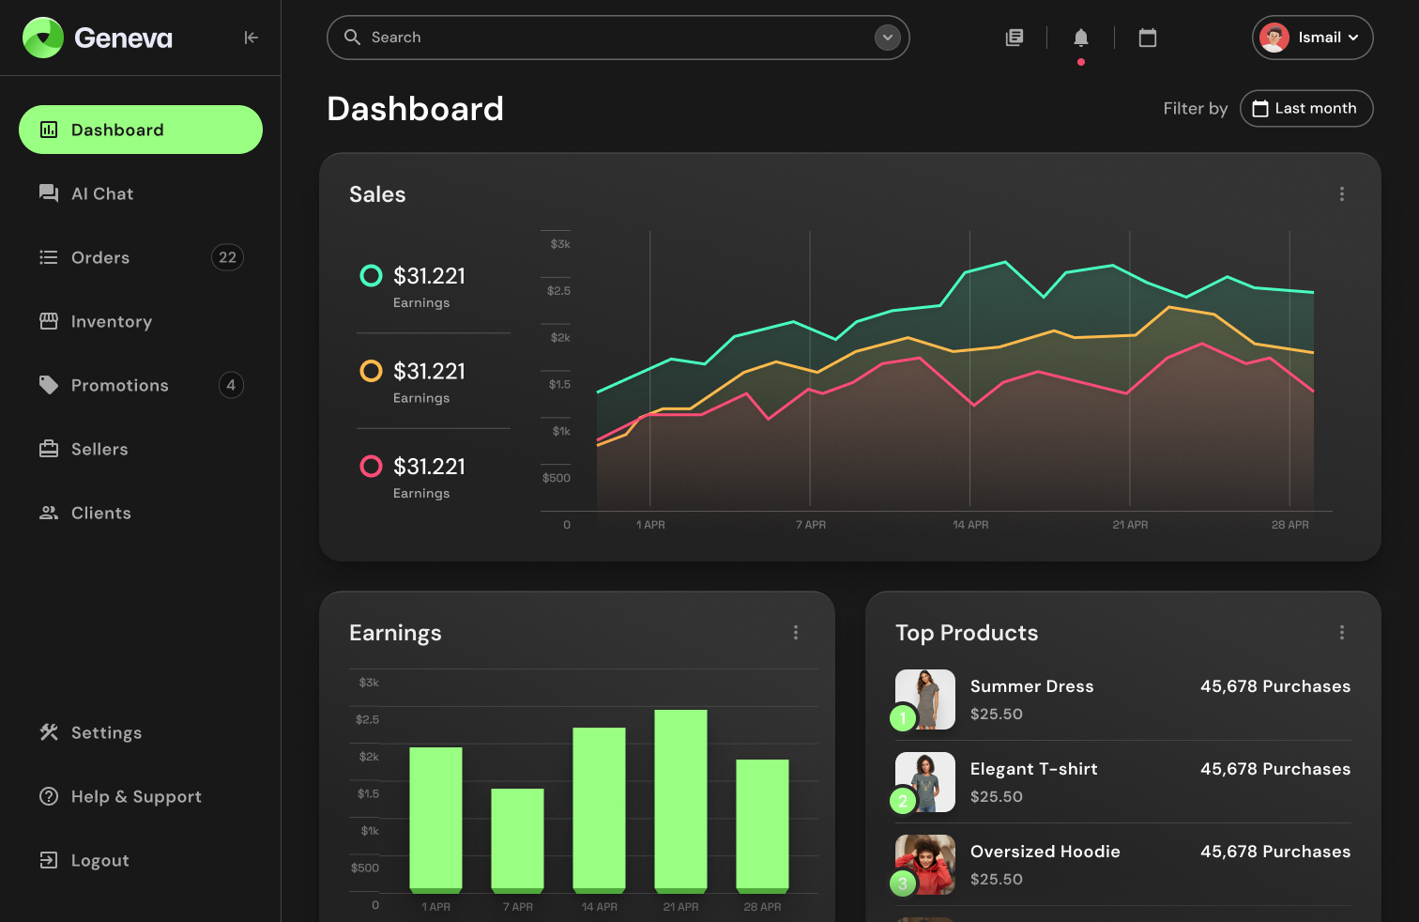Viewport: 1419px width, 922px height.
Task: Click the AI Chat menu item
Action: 101,193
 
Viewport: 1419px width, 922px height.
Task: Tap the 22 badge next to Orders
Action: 227,257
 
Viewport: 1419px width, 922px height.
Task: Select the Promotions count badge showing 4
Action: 231,385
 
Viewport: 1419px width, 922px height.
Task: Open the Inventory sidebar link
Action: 111,321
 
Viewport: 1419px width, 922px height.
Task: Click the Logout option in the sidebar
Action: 99,860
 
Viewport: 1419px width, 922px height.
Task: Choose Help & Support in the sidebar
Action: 135,796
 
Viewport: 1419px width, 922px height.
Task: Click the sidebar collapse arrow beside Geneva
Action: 251,38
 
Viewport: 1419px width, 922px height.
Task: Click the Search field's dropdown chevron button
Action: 887,38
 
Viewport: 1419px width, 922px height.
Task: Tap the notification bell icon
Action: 1080,38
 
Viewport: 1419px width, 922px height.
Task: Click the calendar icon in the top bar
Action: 1147,38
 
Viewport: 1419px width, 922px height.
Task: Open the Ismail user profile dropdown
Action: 1312,38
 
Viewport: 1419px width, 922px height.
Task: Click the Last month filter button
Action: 1305,108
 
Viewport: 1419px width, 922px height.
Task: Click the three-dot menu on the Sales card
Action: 1341,193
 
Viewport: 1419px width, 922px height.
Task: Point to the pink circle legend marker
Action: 372,467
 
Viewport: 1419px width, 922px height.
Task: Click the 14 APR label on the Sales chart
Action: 970,525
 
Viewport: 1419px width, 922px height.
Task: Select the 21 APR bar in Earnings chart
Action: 680,799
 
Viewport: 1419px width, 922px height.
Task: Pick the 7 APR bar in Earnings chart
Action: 517,838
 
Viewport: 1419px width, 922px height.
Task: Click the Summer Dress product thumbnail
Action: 925,699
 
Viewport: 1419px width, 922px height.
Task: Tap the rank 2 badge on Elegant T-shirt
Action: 903,801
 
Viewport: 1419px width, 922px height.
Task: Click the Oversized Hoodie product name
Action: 1045,852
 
